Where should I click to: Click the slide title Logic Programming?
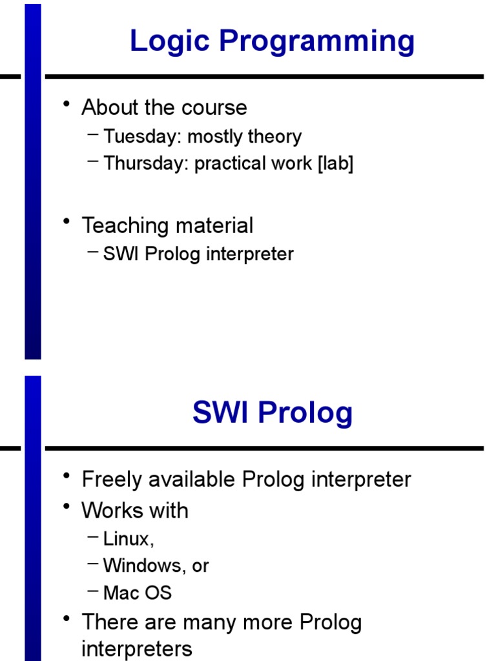coord(272,41)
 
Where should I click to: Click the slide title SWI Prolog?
coord(272,412)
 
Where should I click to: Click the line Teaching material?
coord(167,225)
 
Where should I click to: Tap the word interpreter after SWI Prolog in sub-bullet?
coord(250,254)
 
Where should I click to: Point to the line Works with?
coord(135,511)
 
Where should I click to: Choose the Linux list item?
coord(129,538)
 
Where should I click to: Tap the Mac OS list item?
coord(138,593)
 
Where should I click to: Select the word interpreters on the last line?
coord(137,649)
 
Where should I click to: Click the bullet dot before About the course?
coord(67,104)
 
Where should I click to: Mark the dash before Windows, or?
coord(92,564)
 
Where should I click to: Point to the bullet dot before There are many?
coord(67,620)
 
